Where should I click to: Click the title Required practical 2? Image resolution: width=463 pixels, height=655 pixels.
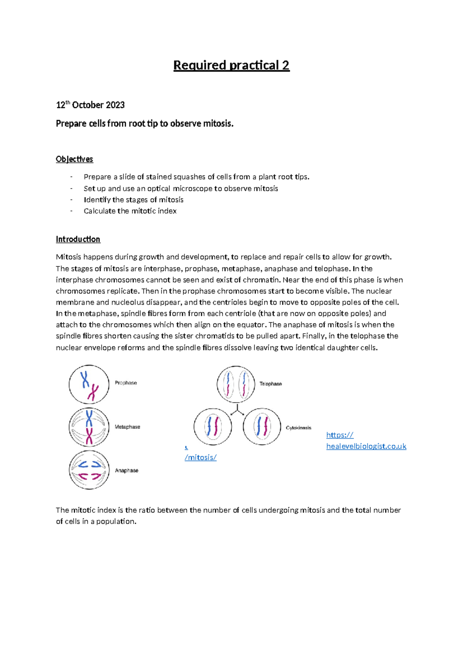pyautogui.click(x=231, y=65)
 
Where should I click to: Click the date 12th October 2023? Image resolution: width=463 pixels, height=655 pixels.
pyautogui.click(x=90, y=105)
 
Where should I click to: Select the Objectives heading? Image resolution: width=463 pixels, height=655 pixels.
pyautogui.click(x=74, y=159)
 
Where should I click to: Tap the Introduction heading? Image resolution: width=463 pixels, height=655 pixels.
pyautogui.click(x=78, y=239)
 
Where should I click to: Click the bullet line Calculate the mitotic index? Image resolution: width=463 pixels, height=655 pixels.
pyautogui.click(x=130, y=211)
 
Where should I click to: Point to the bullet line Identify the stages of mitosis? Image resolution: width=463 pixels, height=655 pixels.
pyautogui.click(x=133, y=200)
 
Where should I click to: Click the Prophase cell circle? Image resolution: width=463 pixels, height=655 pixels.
pyautogui.click(x=89, y=385)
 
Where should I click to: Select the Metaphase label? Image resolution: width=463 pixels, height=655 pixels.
pyautogui.click(x=127, y=427)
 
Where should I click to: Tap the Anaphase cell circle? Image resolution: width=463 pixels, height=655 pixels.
pyautogui.click(x=89, y=470)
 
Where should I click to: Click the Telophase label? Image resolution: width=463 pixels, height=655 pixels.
pyautogui.click(x=270, y=384)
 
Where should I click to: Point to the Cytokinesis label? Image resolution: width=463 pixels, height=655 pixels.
pyautogui.click(x=298, y=428)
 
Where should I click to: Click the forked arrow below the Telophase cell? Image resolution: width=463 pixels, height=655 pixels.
pyautogui.click(x=237, y=411)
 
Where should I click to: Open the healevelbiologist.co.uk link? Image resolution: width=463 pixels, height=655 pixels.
pyautogui.click(x=366, y=446)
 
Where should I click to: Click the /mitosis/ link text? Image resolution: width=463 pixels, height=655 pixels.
pyautogui.click(x=201, y=457)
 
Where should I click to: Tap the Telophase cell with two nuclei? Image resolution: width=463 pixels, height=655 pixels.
pyautogui.click(x=236, y=384)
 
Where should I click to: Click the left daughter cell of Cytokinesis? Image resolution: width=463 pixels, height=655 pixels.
pyautogui.click(x=213, y=426)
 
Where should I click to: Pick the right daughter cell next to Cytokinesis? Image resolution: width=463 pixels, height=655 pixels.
pyautogui.click(x=262, y=426)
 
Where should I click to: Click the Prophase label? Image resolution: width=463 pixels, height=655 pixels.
pyautogui.click(x=126, y=383)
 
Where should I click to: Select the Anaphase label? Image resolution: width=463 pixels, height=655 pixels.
pyautogui.click(x=127, y=470)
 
